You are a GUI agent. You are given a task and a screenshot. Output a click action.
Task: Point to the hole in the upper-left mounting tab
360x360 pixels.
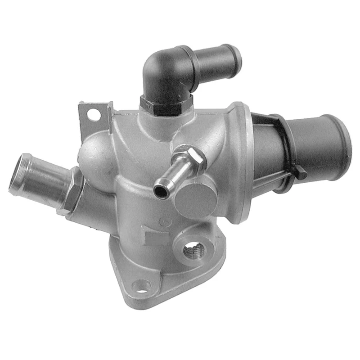94,115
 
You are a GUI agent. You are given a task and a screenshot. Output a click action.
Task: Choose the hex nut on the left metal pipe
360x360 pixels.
75,192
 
